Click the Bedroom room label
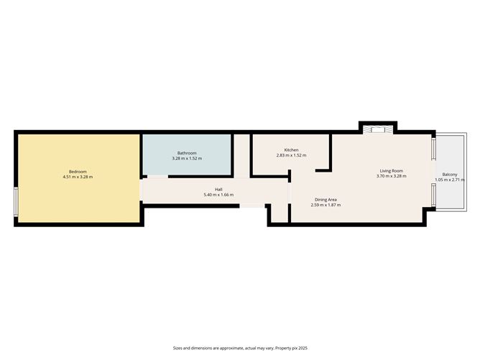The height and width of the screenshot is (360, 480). [x=78, y=171]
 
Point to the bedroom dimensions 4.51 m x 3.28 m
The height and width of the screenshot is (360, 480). [x=78, y=177]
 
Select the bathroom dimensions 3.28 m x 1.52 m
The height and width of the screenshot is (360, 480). [x=187, y=157]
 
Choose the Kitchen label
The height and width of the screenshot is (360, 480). [x=291, y=149]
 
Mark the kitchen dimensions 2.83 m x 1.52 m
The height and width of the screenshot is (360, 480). [x=291, y=155]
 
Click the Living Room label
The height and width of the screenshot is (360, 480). [x=391, y=170]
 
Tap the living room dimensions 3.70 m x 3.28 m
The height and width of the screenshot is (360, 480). [x=391, y=176]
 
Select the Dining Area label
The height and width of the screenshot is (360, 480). [x=326, y=199]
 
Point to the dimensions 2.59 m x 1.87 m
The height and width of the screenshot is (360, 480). [x=326, y=205]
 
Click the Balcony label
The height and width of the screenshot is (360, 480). [x=450, y=174]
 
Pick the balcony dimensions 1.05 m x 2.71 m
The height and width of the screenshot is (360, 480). [x=450, y=180]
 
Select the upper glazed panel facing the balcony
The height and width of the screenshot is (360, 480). [x=434, y=149]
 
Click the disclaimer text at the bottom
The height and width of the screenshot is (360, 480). [x=240, y=348]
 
